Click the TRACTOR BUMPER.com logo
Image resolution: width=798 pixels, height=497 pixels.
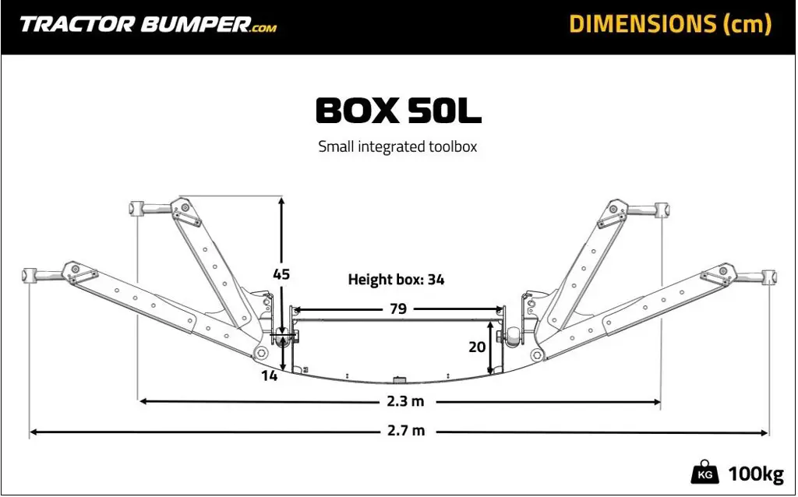[x=147, y=24]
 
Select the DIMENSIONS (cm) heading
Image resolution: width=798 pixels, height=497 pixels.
[x=669, y=24]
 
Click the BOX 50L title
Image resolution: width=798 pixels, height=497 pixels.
[x=398, y=111]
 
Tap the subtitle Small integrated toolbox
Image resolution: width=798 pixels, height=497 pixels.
[x=397, y=146]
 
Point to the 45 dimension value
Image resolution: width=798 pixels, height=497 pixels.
[x=281, y=274]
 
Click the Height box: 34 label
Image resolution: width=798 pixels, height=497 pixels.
[x=396, y=280]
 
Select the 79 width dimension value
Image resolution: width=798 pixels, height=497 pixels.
[x=397, y=308]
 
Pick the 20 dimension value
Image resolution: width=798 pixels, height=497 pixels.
[x=477, y=347]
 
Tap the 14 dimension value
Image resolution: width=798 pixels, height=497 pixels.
[x=270, y=375]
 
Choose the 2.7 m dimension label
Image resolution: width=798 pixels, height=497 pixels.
[x=406, y=431]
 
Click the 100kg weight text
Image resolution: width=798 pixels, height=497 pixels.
[x=755, y=474]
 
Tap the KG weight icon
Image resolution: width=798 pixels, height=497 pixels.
[x=704, y=473]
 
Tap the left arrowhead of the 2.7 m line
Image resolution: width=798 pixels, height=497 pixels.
[x=34, y=431]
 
